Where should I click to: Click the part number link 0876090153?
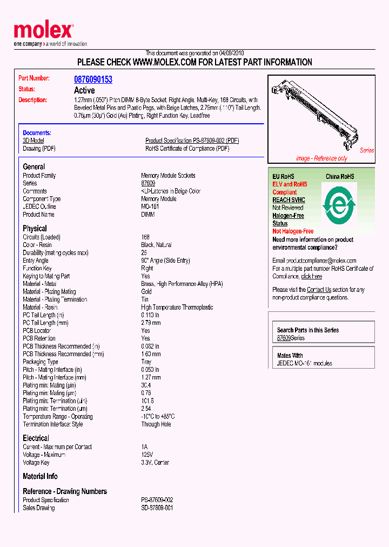93,79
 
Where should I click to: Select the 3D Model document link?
33,141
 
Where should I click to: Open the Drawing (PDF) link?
39,149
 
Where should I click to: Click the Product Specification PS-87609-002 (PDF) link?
192,141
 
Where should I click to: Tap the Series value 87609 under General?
148,184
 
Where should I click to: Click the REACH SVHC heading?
289,200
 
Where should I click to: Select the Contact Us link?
319,290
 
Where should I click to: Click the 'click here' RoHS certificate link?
311,276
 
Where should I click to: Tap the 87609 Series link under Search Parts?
291,338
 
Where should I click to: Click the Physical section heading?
35,229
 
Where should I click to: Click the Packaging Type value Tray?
146,362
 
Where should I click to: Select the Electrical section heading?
36,438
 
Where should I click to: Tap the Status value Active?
84,90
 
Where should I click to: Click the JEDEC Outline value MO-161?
150,207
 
